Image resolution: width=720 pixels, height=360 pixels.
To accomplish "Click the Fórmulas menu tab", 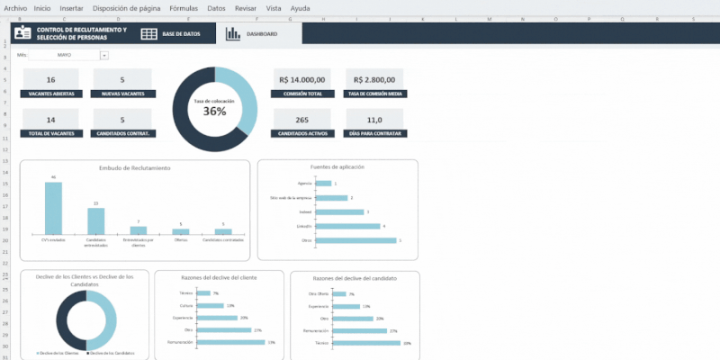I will click(184, 7).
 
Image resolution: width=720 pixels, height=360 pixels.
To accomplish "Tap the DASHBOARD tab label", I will click(261, 33).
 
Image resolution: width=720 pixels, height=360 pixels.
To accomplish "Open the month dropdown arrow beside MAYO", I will click(104, 55).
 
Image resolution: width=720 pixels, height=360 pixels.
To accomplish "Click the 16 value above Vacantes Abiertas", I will click(50, 80).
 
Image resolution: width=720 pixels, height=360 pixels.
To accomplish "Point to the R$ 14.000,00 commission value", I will click(302, 79).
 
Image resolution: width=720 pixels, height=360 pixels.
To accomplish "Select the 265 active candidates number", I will click(302, 120).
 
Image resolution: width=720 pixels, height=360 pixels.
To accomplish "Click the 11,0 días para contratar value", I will click(374, 120).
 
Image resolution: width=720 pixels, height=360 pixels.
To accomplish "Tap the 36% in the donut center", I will click(214, 112).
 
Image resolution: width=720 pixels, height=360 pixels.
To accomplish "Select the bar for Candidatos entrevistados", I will click(95, 220).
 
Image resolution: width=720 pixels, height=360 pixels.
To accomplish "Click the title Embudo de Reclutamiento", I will click(135, 168).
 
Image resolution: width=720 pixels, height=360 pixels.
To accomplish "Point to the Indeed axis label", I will click(304, 211).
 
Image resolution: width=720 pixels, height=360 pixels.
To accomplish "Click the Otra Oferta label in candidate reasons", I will click(319, 294).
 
